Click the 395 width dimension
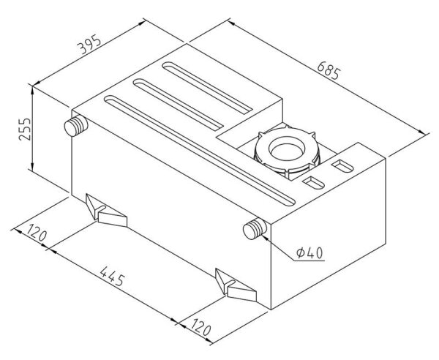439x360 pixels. pyautogui.click(x=89, y=44)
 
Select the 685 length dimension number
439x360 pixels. pyautogui.click(x=329, y=70)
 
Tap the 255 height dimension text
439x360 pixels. pyautogui.click(x=25, y=129)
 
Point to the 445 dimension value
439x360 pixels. pyautogui.click(x=112, y=277)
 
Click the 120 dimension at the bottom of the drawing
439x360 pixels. pyautogui.click(x=200, y=326)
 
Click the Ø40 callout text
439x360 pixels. pyautogui.click(x=309, y=252)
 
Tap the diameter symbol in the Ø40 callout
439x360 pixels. pyautogui.click(x=301, y=252)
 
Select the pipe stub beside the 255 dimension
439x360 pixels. pyautogui.click(x=76, y=126)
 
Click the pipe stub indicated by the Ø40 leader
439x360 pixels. pyautogui.click(x=255, y=229)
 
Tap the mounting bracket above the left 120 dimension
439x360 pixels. pyautogui.click(x=106, y=211)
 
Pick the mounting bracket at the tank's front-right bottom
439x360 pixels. pyautogui.click(x=236, y=285)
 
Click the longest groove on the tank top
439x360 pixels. pyautogui.click(x=200, y=151)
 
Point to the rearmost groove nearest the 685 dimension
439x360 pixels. pyautogui.click(x=208, y=88)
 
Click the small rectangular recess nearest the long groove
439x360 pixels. pyautogui.click(x=313, y=182)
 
